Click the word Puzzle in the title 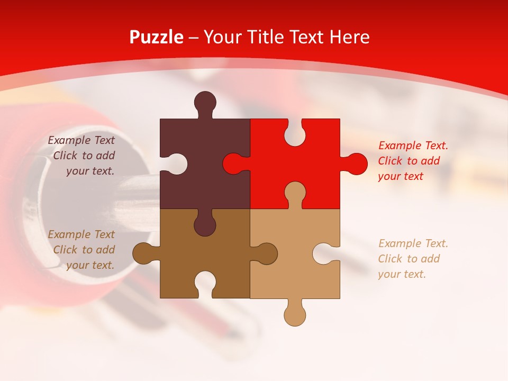(x=156, y=38)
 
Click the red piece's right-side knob (x=356, y=164)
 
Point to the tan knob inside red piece (x=295, y=193)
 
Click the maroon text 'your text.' (x=90, y=171)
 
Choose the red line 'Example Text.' (x=413, y=146)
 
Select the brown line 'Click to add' (x=84, y=250)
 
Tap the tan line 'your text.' (x=402, y=274)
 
